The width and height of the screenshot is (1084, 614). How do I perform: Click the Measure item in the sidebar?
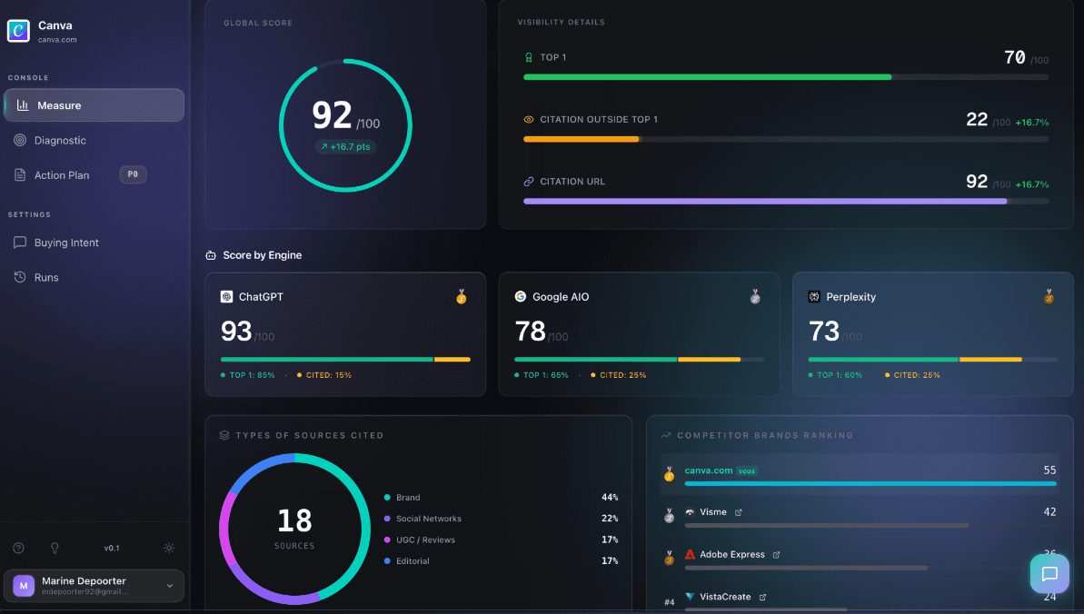pyautogui.click(x=94, y=105)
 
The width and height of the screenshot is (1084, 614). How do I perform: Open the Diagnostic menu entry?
pyautogui.click(x=60, y=141)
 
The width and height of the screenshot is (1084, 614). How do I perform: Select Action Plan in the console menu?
pyautogui.click(x=62, y=175)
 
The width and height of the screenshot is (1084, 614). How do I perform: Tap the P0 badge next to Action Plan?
pyautogui.click(x=133, y=175)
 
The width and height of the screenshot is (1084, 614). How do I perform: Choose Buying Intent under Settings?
pyautogui.click(x=66, y=243)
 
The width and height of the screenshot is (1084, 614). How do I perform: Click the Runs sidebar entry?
pyautogui.click(x=46, y=277)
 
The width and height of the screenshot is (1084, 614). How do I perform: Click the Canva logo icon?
pyautogui.click(x=18, y=31)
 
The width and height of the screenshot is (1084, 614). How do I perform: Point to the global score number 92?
pyautogui.click(x=332, y=115)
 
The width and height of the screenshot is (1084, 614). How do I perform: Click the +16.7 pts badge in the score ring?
pyautogui.click(x=345, y=146)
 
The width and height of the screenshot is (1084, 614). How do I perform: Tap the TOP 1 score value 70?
pyautogui.click(x=1014, y=58)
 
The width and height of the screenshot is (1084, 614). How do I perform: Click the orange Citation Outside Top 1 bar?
pyautogui.click(x=582, y=139)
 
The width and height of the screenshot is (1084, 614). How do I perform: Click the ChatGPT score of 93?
pyautogui.click(x=236, y=332)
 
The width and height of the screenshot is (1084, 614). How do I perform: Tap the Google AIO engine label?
pyautogui.click(x=560, y=297)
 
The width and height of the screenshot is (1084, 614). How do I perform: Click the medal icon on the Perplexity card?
pyautogui.click(x=1049, y=297)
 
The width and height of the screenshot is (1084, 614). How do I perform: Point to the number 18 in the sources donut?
pyautogui.click(x=294, y=520)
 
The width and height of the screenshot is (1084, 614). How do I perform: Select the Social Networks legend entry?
pyautogui.click(x=428, y=519)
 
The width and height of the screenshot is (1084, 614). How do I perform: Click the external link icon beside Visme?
pyautogui.click(x=738, y=512)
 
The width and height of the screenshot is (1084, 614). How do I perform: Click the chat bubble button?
pyautogui.click(x=1049, y=573)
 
